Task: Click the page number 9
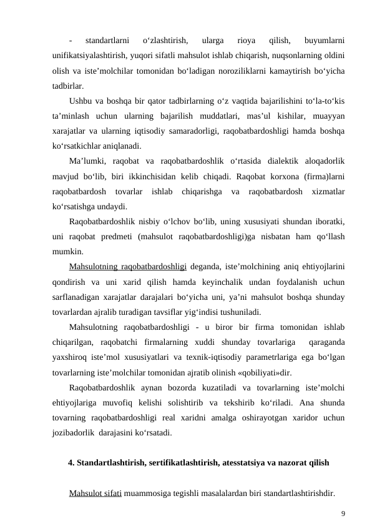(x=343, y=514)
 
